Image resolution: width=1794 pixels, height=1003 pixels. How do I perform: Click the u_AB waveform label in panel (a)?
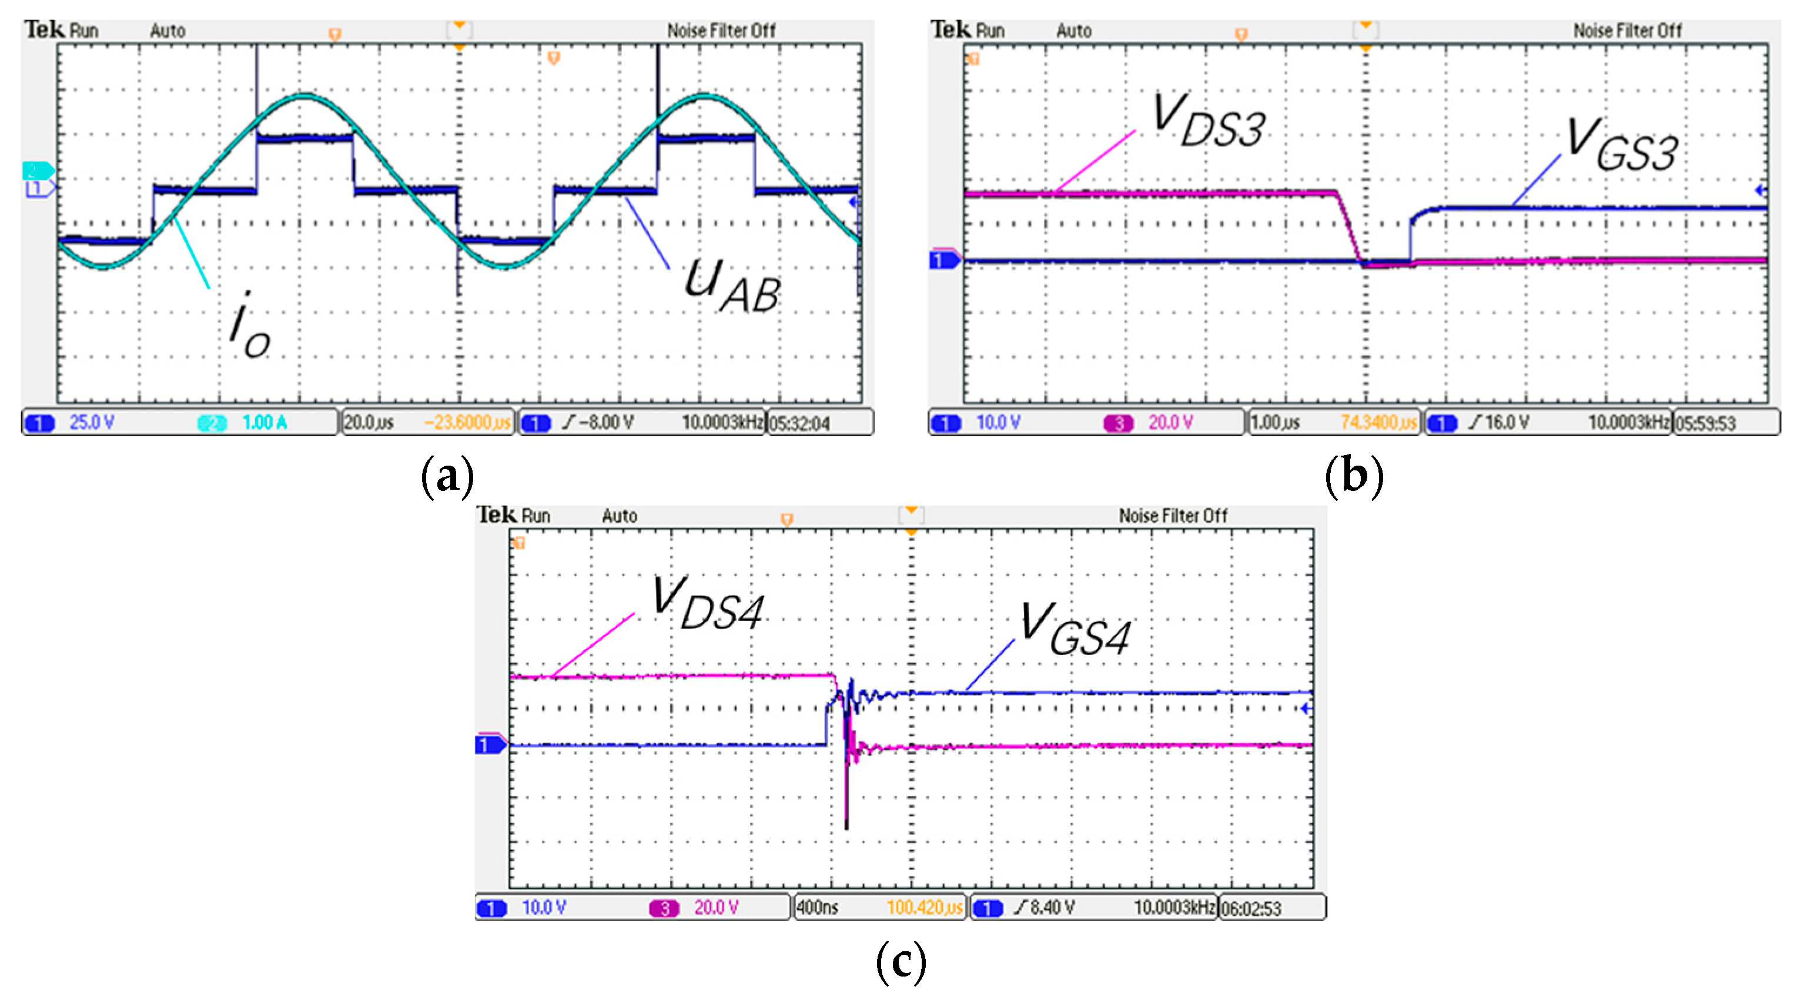coord(731,286)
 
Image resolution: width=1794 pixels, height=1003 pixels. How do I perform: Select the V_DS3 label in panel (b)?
coord(1209,121)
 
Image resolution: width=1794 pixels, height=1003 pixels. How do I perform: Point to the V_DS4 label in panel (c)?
coord(707,603)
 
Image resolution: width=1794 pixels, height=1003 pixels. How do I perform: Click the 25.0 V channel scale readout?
coord(91,422)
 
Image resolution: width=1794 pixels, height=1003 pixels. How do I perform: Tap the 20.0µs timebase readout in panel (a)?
coord(369,423)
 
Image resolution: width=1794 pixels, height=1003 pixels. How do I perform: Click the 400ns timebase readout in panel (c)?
coord(818,908)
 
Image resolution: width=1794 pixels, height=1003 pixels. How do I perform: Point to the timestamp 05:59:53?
coord(1705,423)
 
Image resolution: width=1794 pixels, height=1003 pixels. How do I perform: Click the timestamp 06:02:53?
coord(1251,908)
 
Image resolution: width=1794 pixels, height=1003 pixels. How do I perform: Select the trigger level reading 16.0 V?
coord(1507,422)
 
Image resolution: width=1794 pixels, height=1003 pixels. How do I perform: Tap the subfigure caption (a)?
coord(448,477)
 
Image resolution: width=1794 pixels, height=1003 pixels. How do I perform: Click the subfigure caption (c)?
coord(901,962)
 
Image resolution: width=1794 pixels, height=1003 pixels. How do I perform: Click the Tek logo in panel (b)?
coord(950,29)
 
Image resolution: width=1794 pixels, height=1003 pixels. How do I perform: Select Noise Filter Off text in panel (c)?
coord(1173,516)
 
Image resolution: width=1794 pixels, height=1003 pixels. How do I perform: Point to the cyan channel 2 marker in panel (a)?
coord(36,170)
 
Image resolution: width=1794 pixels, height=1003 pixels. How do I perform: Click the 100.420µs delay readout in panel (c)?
coord(923,908)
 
